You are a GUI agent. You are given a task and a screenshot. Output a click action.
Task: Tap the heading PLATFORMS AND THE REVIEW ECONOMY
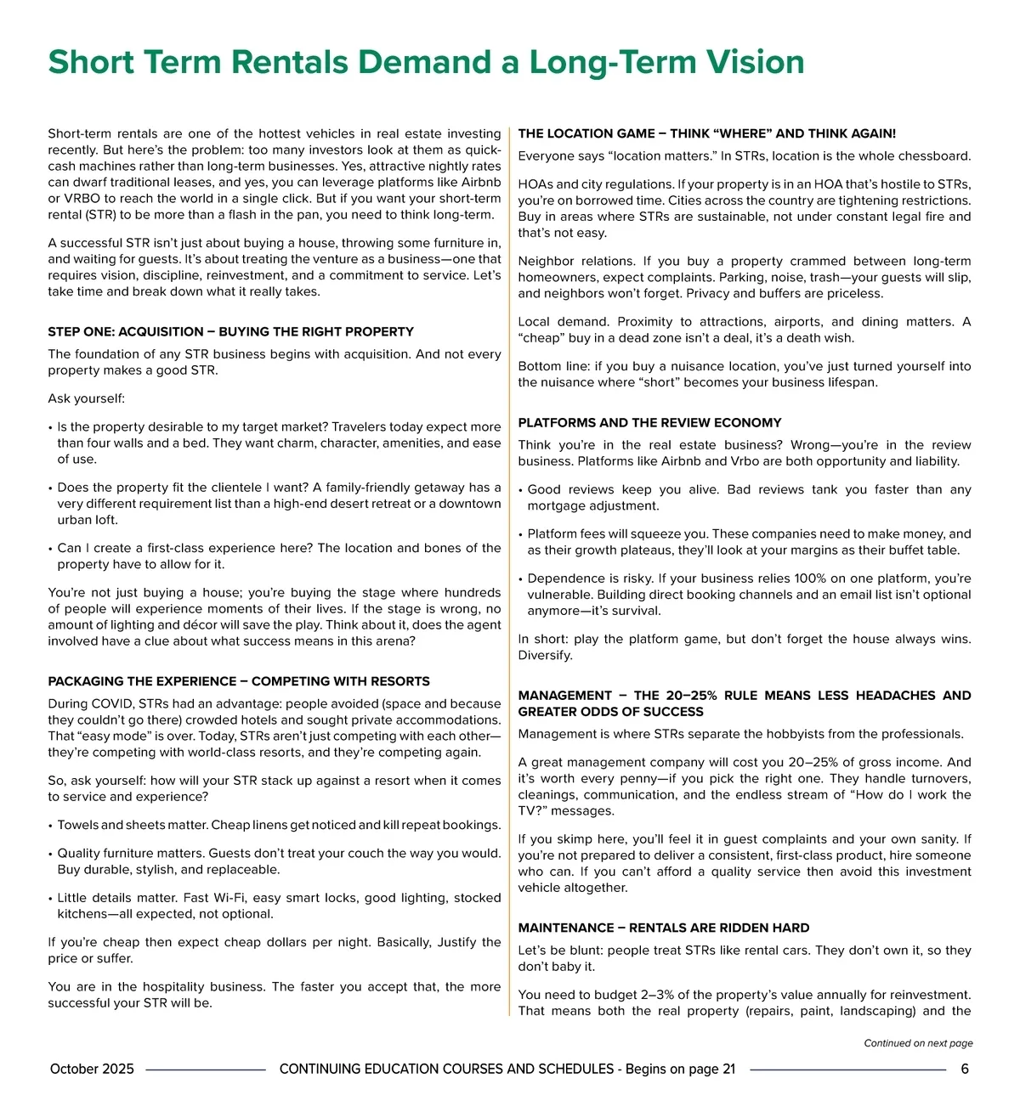click(649, 422)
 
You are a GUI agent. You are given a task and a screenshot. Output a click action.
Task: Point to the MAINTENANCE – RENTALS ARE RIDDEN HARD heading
click(663, 928)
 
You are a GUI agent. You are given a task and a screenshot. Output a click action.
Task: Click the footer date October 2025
click(92, 1069)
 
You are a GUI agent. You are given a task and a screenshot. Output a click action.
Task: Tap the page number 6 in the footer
click(964, 1069)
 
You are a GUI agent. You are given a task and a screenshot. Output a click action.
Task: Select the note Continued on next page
click(918, 1043)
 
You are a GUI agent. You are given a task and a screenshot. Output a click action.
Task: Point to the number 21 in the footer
click(728, 1069)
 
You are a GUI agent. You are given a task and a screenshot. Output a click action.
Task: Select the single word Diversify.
click(545, 655)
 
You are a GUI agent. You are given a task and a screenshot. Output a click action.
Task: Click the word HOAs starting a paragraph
click(535, 184)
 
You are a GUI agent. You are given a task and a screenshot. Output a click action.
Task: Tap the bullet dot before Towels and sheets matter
click(51, 826)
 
